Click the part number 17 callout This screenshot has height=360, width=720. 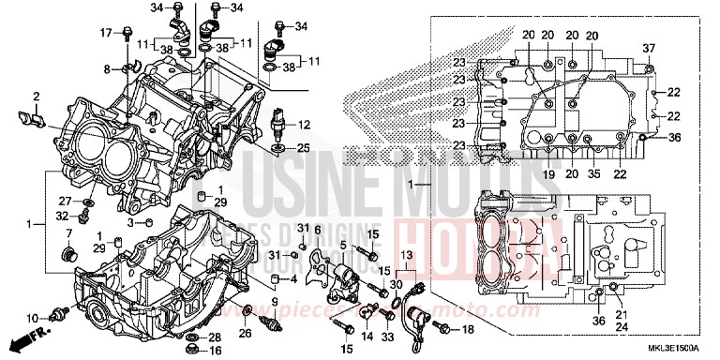106,34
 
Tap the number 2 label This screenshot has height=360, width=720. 36,97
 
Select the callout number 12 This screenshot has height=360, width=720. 304,125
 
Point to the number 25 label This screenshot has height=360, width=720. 304,149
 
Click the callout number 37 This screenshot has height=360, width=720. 647,49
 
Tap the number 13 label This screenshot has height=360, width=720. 407,255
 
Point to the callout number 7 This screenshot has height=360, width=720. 68,232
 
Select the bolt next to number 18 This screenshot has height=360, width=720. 443,328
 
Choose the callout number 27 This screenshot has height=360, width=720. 66,201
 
